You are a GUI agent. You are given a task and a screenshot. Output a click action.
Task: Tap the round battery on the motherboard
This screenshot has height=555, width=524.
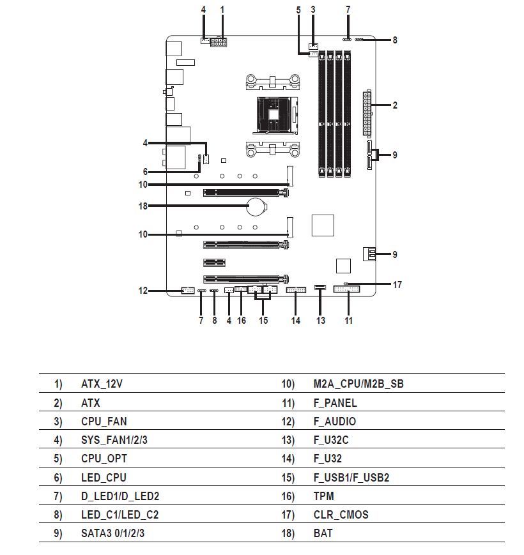coord(257,206)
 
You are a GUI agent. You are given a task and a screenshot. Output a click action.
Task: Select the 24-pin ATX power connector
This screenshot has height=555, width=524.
coord(367,113)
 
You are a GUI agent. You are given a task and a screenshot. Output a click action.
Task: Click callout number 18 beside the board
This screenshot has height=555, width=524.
coord(143,206)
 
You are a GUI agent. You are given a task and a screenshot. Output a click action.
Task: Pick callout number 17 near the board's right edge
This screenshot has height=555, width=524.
coord(397,285)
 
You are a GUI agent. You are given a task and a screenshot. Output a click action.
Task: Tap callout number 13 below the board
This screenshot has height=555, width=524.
coord(321,321)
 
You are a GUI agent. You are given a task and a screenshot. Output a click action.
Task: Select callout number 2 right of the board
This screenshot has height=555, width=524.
coord(395,105)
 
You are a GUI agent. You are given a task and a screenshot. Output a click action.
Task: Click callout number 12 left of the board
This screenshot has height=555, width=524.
coord(143,291)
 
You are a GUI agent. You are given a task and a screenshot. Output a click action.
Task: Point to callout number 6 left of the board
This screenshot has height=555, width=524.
coord(145,172)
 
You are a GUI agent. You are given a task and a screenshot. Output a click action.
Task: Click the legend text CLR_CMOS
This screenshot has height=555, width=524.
coord(341,514)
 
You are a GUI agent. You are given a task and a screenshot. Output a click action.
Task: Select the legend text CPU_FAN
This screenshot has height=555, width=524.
coord(104,422)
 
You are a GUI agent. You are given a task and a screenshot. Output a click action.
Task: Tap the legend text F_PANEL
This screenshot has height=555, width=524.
coord(335,403)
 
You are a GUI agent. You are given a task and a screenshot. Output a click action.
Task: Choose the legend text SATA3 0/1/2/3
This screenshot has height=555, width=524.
coord(112,533)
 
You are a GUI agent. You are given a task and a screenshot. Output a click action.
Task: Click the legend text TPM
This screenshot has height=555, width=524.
coord(323,496)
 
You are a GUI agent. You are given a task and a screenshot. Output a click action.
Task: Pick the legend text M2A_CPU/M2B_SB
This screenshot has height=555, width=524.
coord(358,384)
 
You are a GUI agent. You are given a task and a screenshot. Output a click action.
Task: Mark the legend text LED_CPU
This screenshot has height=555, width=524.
coord(104,478)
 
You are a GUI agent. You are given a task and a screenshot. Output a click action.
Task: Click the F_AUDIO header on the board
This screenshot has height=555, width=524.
coord(188,291)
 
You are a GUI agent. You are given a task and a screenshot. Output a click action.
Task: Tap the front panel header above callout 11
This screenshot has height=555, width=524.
coord(346,289)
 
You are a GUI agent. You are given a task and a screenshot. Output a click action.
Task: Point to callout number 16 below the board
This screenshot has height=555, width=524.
coord(242,321)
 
